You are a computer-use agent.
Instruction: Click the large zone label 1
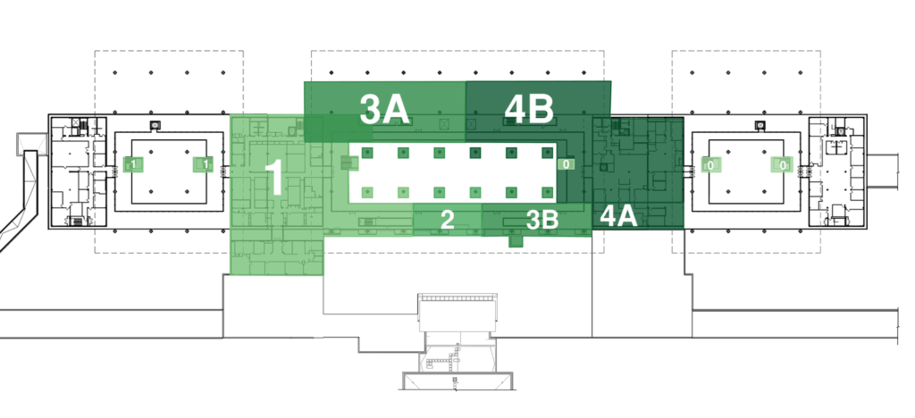click(x=274, y=177)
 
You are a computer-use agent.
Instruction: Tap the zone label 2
click(x=447, y=220)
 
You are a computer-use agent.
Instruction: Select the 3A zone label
click(x=384, y=110)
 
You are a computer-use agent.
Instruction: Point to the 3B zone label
click(x=542, y=220)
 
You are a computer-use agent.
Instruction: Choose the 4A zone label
click(x=618, y=216)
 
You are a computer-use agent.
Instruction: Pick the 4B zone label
click(x=529, y=109)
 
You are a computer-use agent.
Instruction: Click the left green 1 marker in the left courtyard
click(x=133, y=164)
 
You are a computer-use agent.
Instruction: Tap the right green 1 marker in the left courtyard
click(x=205, y=164)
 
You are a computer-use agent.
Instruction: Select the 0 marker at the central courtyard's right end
click(x=566, y=164)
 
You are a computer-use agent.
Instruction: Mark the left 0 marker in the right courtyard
click(x=710, y=165)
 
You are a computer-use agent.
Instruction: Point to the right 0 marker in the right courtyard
click(x=783, y=165)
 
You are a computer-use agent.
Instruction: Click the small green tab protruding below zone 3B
click(x=516, y=241)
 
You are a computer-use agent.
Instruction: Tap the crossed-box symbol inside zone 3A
click(x=445, y=124)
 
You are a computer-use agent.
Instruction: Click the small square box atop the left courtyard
click(x=155, y=125)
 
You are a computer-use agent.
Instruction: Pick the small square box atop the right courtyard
click(x=760, y=125)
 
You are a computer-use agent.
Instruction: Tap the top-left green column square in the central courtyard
click(x=367, y=153)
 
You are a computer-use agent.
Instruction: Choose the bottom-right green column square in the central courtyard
click(x=548, y=192)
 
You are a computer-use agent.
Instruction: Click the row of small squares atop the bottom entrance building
click(x=458, y=297)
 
